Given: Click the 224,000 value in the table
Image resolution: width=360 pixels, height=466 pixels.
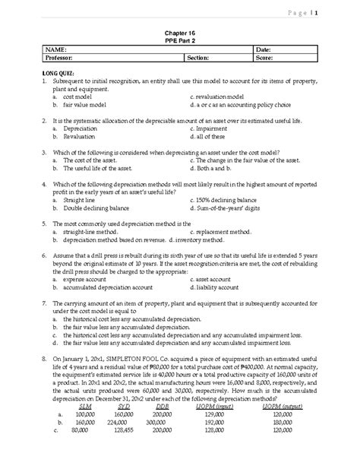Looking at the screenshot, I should [115, 444].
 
